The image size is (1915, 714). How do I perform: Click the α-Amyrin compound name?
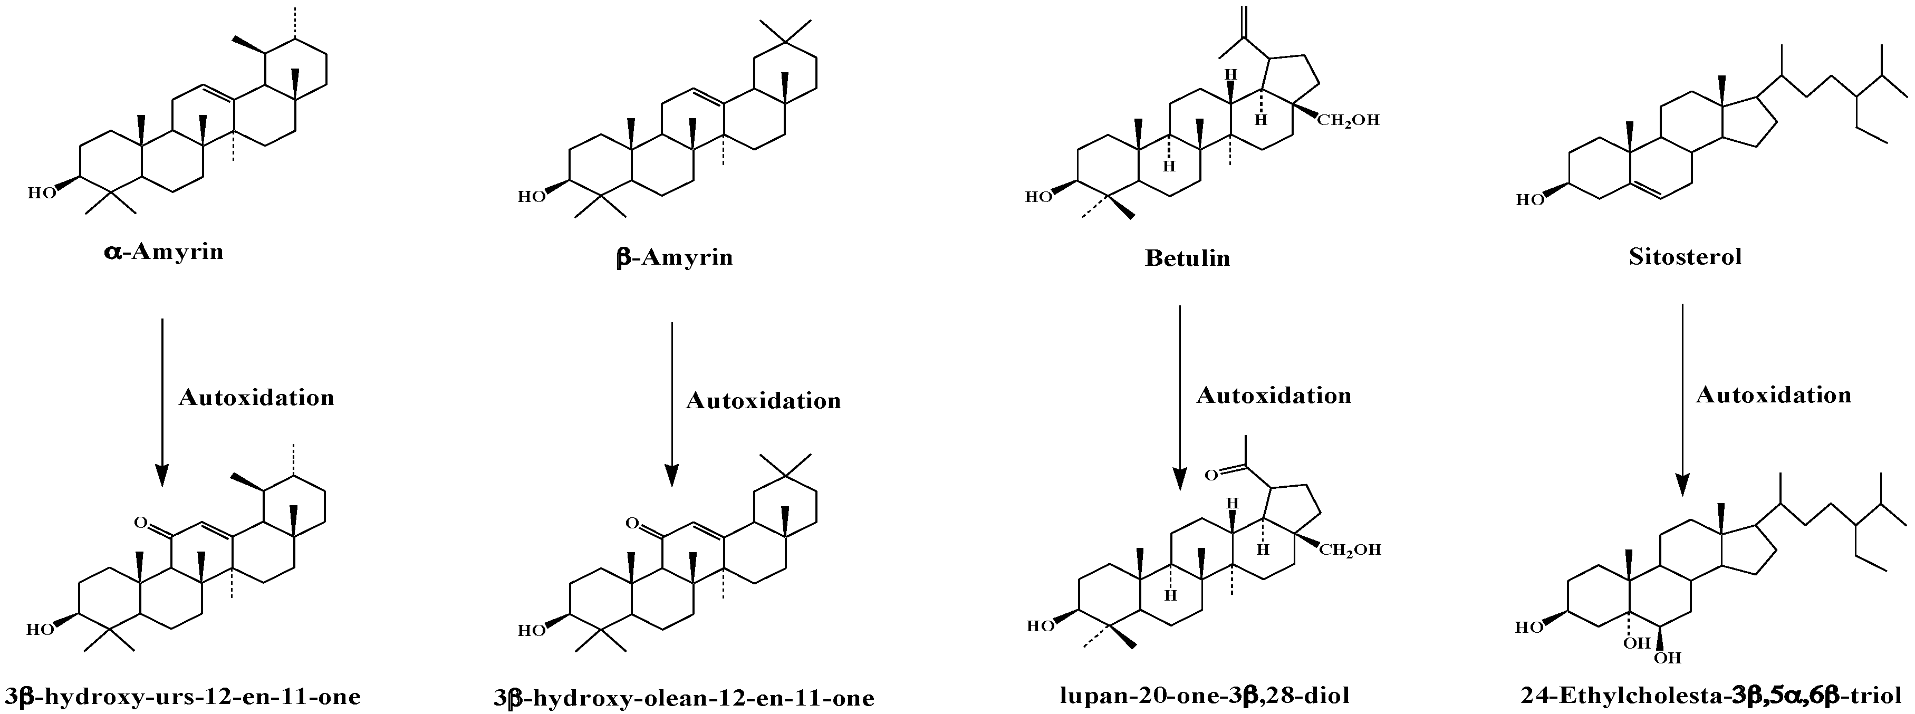(163, 252)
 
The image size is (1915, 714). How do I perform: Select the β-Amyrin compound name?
(674, 258)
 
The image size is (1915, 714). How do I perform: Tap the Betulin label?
(1187, 258)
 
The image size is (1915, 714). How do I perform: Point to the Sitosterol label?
(1685, 257)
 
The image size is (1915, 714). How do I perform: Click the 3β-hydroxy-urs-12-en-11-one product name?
(182, 696)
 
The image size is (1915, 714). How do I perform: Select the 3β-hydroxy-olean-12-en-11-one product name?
(684, 698)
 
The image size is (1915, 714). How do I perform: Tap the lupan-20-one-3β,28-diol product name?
(1204, 696)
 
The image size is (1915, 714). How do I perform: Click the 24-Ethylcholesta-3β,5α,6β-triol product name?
(1710, 696)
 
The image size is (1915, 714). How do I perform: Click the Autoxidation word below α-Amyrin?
(256, 398)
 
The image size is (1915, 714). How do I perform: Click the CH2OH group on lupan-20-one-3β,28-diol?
(1350, 550)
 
